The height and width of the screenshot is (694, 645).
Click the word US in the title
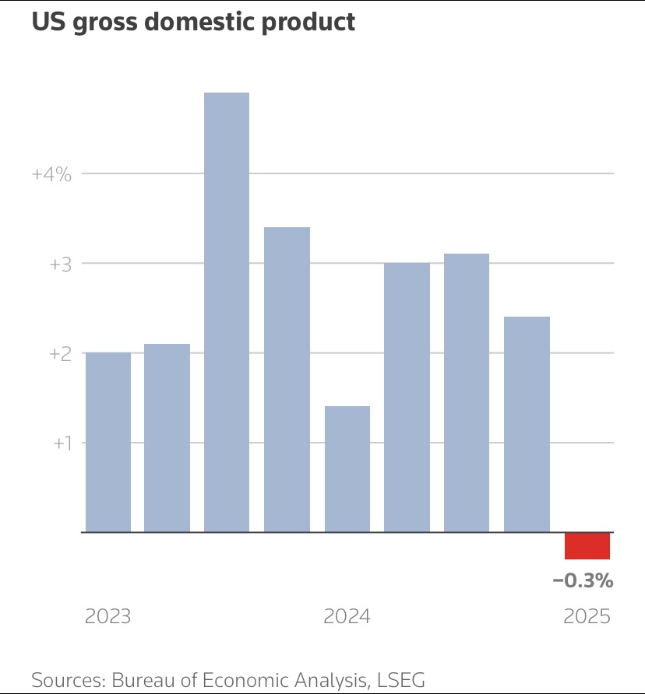click(x=47, y=22)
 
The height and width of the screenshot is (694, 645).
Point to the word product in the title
click(x=309, y=22)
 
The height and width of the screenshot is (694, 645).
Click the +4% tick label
click(x=51, y=174)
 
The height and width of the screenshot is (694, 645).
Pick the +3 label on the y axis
click(x=60, y=265)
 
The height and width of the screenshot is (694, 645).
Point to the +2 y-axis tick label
click(x=60, y=354)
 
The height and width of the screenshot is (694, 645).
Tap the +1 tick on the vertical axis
click(x=62, y=443)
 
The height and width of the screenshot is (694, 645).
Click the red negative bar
click(x=587, y=546)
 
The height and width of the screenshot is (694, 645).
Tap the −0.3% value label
click(x=583, y=580)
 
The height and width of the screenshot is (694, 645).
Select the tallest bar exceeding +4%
click(x=227, y=311)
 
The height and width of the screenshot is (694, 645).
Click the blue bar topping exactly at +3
click(x=407, y=397)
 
